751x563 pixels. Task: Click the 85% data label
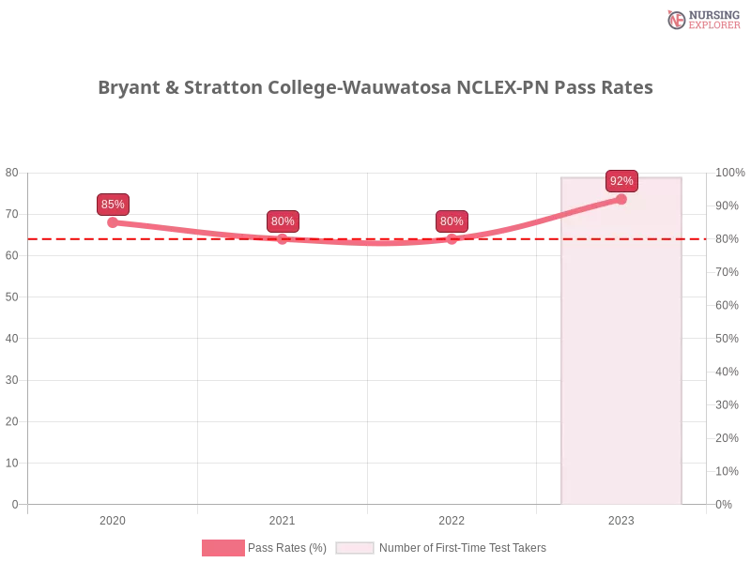pos(113,205)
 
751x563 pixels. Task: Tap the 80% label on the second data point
pos(283,221)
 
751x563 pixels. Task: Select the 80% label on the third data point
pos(452,221)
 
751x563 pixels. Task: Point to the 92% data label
pos(621,181)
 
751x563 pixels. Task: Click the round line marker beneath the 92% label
pos(621,199)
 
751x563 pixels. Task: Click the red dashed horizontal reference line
pos(188,238)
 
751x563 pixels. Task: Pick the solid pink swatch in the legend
pos(222,548)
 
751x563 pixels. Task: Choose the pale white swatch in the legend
pos(355,548)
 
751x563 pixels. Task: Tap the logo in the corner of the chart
pos(701,19)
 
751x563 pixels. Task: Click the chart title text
pos(375,88)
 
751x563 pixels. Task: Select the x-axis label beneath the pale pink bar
pos(621,518)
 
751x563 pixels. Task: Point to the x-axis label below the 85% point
pos(113,518)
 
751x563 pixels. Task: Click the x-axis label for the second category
pos(281,518)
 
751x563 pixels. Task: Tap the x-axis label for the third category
pos(451,518)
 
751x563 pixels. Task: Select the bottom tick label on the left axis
pos(13,503)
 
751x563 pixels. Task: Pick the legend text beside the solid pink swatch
pos(288,548)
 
